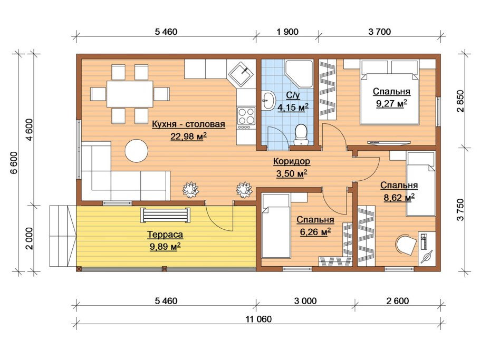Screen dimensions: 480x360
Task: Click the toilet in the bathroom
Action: click(301, 135)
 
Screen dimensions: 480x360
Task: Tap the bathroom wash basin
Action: click(269, 100)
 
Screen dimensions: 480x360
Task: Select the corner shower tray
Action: click(299, 73)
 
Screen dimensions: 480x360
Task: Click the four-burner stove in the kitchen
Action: click(246, 118)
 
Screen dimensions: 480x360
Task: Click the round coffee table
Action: click(137, 151)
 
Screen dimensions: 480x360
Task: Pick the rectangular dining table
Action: click(130, 94)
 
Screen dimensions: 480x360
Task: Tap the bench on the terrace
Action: click(165, 215)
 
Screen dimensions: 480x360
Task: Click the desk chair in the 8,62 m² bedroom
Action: click(406, 244)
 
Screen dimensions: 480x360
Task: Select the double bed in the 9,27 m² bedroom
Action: click(389, 92)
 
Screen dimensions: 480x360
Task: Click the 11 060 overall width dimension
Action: click(258, 319)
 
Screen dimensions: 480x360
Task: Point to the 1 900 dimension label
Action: click(287, 32)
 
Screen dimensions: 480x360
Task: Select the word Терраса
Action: click(165, 235)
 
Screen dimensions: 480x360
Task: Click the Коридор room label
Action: click(291, 161)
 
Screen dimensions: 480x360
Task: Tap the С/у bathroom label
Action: click(293, 95)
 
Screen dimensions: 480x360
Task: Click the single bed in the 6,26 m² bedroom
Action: click(275, 226)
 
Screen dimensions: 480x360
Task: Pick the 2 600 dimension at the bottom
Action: click(397, 301)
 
